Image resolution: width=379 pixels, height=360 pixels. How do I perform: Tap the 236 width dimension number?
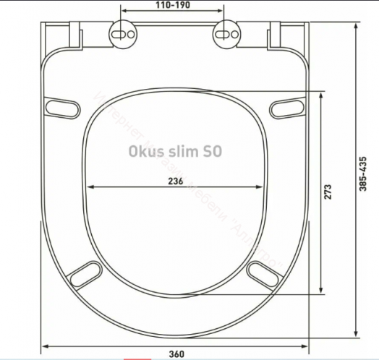[174, 180]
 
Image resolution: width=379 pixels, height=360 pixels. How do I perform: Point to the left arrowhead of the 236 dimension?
[88, 189]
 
